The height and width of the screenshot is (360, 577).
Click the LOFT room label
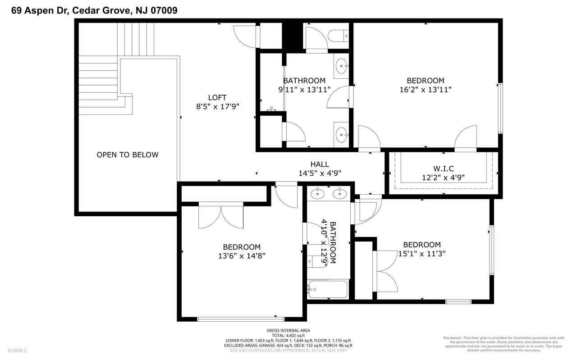[217, 98]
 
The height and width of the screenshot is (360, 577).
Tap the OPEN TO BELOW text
[128, 155]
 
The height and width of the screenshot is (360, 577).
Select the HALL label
[320, 164]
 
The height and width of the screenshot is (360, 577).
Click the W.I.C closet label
[443, 169]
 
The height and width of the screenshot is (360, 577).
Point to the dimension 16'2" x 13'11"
[426, 90]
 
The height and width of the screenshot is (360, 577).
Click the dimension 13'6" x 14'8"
[242, 256]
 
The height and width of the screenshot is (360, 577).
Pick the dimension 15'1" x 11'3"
[422, 254]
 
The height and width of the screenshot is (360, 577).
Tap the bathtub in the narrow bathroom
[328, 289]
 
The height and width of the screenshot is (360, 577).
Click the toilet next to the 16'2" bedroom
[339, 36]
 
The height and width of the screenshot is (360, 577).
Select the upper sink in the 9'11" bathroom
[342, 66]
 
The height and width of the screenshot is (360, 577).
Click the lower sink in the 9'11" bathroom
[342, 135]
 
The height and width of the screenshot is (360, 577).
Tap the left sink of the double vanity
[317, 194]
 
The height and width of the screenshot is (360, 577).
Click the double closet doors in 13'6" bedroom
[221, 215]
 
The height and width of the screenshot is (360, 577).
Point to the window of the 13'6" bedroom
[241, 319]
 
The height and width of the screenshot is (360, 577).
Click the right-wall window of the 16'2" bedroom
[500, 108]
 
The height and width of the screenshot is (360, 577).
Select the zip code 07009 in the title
[164, 10]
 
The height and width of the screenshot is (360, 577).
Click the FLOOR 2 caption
[17, 351]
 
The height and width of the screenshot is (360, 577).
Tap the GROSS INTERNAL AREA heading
[288, 330]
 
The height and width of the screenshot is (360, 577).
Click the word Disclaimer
[452, 338]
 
